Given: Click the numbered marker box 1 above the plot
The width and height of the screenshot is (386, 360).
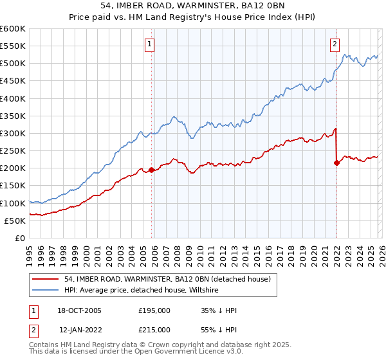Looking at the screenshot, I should [x=149, y=44].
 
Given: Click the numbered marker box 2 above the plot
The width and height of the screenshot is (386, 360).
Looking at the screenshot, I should [x=335, y=44].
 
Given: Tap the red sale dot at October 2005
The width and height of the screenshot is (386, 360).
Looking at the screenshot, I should [x=152, y=170].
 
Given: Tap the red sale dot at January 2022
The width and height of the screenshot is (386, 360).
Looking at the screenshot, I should [x=336, y=163].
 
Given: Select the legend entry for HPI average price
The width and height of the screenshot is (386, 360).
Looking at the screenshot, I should [x=142, y=291].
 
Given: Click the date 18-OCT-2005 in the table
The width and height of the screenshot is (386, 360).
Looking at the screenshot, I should [x=80, y=310].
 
